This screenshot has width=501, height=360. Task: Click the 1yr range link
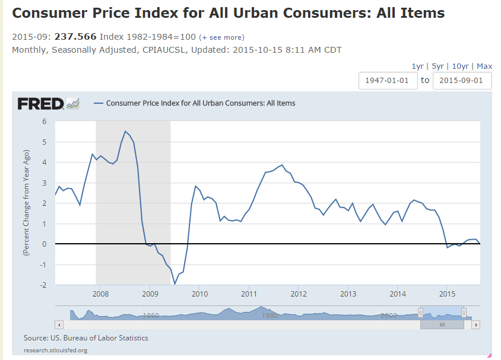[x=418, y=66]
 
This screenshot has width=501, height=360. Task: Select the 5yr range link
[x=438, y=66]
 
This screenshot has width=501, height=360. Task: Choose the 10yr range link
[x=461, y=66]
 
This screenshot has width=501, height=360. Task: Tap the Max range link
[x=484, y=66]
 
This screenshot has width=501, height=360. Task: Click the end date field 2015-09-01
[x=462, y=81]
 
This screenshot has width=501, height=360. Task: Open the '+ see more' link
[x=221, y=37]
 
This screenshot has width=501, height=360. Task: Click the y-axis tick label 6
[x=43, y=122]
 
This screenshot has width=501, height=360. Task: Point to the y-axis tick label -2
[x=42, y=285]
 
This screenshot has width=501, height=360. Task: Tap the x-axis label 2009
[x=150, y=294]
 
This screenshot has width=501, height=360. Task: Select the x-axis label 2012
[x=299, y=294]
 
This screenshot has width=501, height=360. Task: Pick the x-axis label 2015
[x=447, y=294]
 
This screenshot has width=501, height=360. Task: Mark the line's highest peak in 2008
[x=125, y=131]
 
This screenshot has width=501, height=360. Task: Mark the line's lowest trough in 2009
[x=175, y=284]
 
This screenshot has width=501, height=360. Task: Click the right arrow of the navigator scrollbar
[x=476, y=324]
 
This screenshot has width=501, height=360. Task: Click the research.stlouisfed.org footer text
[x=56, y=350]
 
